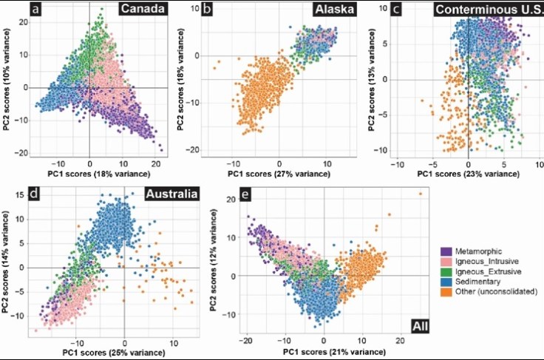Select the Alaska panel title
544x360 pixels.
[x=334, y=10]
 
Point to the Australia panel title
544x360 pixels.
[x=171, y=196]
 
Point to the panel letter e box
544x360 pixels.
[x=236, y=196]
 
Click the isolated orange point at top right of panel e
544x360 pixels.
[x=421, y=194]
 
